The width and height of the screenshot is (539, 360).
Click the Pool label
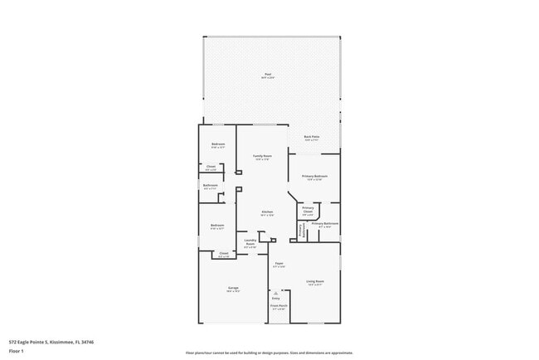click(268, 75)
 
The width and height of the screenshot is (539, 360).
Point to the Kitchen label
click(268, 212)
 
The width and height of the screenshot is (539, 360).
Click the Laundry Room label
click(250, 242)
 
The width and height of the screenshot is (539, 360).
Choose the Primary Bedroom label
click(314, 176)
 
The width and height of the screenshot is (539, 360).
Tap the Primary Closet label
click(307, 211)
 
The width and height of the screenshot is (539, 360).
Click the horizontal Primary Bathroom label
click(324, 223)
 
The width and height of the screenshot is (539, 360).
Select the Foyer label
click(280, 264)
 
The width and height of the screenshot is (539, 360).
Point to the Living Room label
click(314, 281)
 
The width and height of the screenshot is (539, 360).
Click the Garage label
click(234, 288)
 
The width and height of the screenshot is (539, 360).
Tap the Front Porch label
click(278, 305)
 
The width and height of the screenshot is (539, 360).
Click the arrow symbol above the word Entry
click(276, 293)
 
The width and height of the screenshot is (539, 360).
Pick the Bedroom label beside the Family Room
click(217, 145)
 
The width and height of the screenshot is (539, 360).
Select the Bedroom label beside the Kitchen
click(217, 225)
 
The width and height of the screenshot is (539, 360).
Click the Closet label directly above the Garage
click(224, 253)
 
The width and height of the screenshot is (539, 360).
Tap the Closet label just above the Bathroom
click(211, 168)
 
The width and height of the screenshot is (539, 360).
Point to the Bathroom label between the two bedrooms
click(211, 185)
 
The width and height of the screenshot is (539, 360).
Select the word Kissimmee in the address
click(61, 341)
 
